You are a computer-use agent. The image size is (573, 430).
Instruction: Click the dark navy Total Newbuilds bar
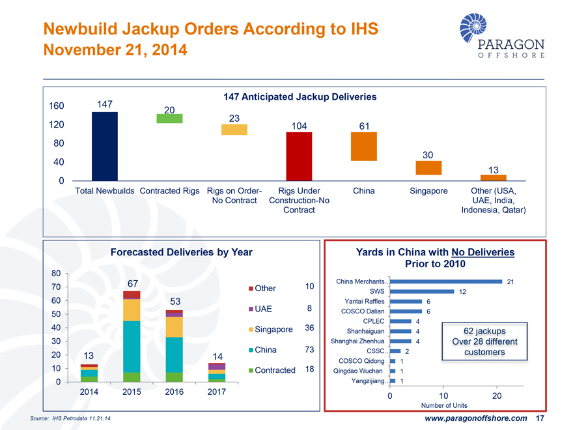coord(105,146)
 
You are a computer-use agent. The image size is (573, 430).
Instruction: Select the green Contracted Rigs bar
coord(169,119)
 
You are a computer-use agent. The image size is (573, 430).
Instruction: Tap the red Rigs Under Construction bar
coord(299,156)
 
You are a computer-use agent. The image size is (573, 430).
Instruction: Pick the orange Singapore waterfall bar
coord(428,167)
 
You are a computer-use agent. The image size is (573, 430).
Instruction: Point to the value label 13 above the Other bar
coord(493,170)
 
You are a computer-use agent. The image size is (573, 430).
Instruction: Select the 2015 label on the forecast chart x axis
coord(132,392)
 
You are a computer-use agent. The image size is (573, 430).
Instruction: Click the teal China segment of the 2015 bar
coord(132,347)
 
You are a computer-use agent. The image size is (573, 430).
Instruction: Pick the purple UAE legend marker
coord(250,309)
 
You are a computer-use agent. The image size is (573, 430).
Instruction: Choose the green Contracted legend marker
coord(250,370)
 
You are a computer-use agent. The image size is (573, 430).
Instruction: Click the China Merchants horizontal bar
coord(446,281)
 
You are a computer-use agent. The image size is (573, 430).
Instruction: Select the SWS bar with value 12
coord(421,291)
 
